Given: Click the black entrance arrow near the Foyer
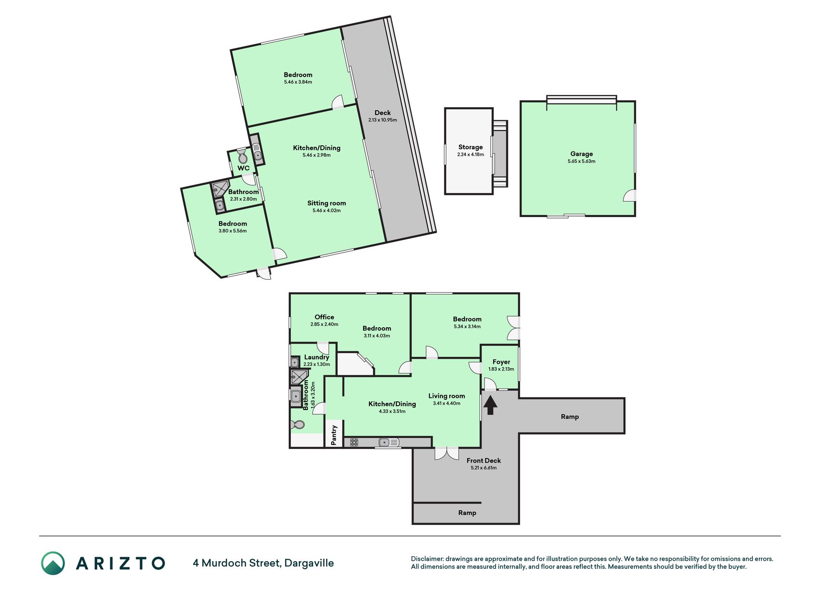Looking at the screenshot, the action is pos(490,405).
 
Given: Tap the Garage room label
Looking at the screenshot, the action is pos(581,154).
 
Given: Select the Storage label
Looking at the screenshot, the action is pos(470,147).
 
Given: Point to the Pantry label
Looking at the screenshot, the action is pos(334,435).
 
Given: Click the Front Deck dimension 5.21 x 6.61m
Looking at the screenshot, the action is pos(483,468).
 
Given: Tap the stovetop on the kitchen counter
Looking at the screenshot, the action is pos(354,442).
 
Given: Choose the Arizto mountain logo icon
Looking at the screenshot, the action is pos(53,563).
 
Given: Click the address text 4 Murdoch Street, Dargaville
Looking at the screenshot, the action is pos(263,563).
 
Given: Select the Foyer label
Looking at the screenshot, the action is pos(501,362).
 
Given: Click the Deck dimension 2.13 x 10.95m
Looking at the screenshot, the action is pos(383,120).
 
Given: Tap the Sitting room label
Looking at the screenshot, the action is pos(326,203).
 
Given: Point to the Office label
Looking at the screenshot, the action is pos(324,317).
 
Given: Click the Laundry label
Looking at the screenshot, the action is pos(316,357).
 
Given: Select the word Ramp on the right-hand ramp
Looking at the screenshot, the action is pos(570,417).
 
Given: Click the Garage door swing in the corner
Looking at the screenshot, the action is pos(629,195).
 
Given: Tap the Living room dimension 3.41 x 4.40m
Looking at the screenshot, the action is pos(446,403).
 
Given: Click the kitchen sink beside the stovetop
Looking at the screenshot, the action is pos(389,442).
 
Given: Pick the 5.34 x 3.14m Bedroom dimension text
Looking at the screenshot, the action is pos(467,326).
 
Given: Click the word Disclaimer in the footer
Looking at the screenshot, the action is pos(427,559).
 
